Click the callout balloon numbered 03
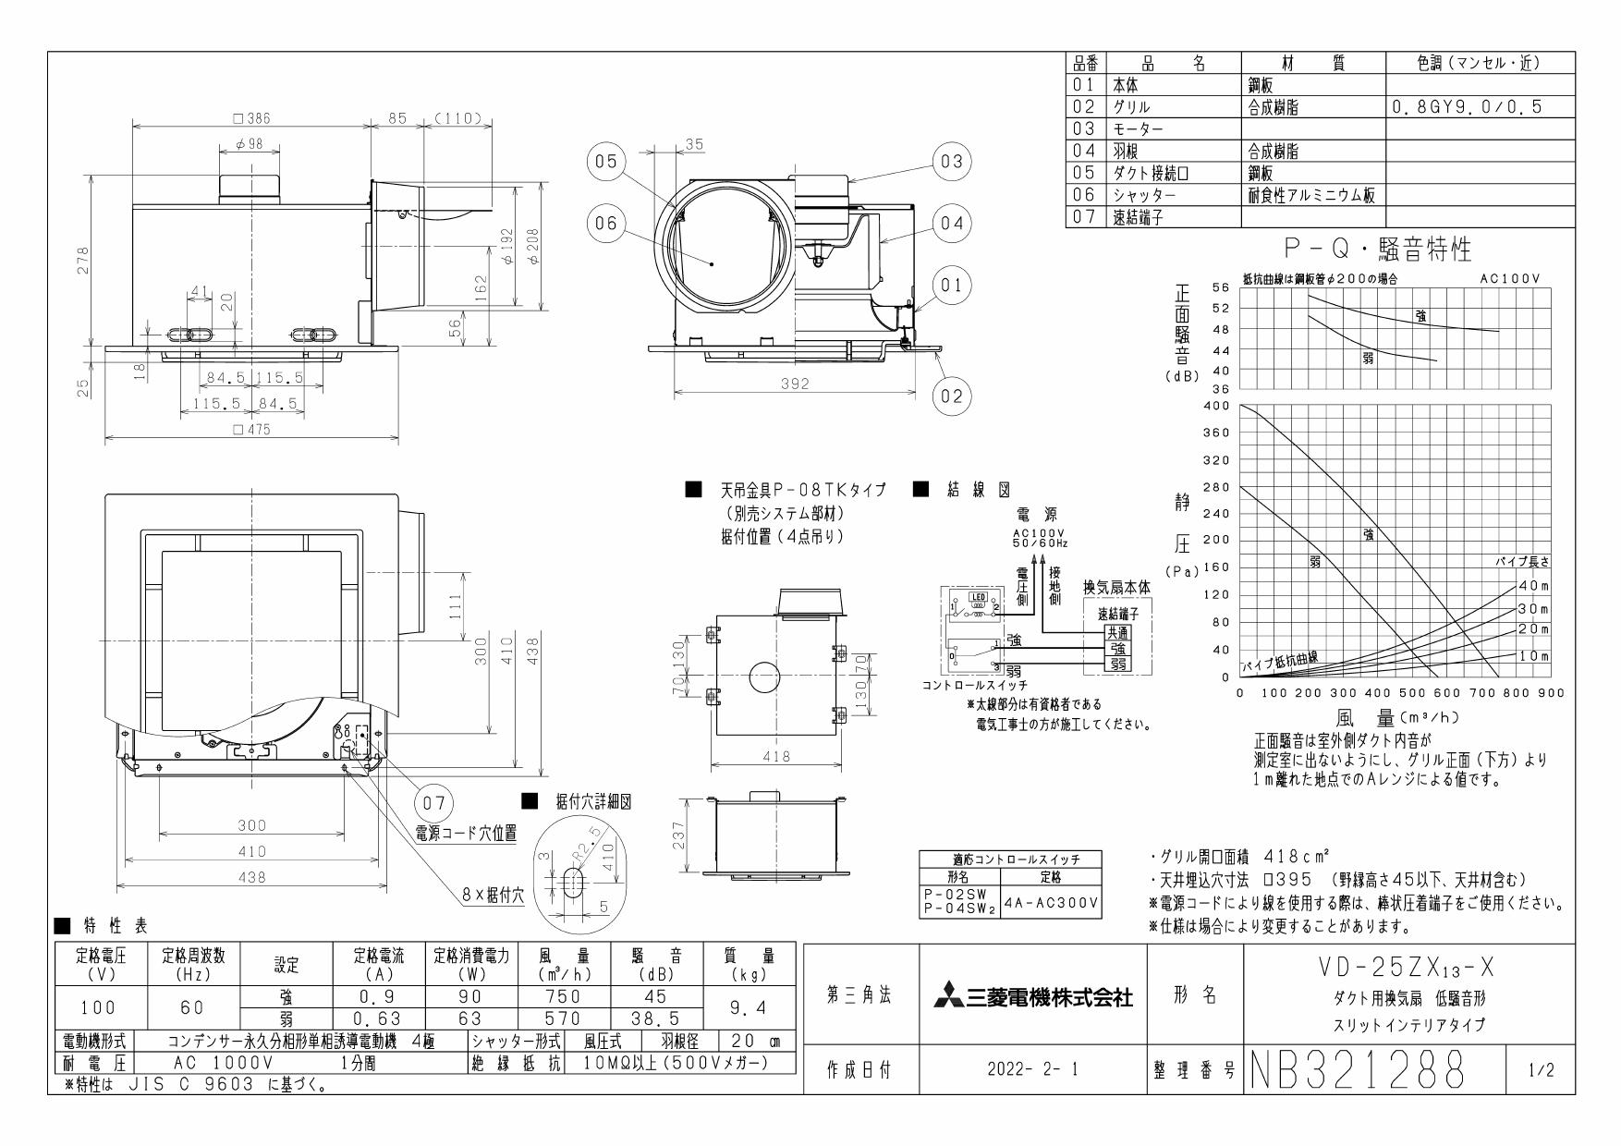tap(952, 162)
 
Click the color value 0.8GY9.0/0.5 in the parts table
tap(1466, 107)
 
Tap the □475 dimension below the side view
tap(251, 430)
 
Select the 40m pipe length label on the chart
tap(1533, 586)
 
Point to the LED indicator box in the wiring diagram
tap(976, 598)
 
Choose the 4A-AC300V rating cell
tap(1051, 900)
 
